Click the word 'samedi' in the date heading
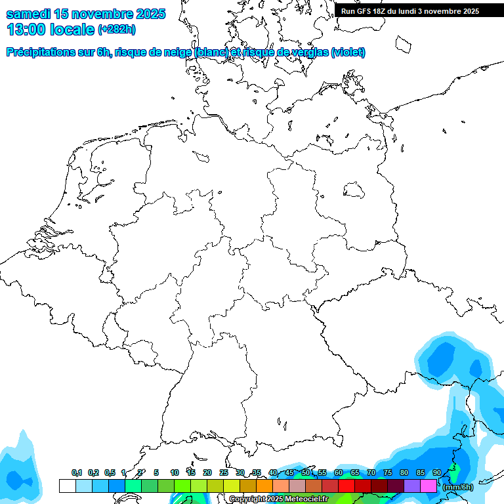coord(29,14)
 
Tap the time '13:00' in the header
coord(27,29)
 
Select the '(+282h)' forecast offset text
coord(116,30)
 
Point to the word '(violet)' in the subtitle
coord(348,52)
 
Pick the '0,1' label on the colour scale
coord(77,473)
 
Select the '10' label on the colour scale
coord(175,473)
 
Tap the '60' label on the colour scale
coord(339,473)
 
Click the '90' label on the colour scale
coord(437,473)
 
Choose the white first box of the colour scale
coord(67,486)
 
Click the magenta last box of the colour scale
coord(429,486)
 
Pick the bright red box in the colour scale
coord(346,486)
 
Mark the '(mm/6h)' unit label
coord(458,487)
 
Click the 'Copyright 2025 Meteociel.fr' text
coord(278,499)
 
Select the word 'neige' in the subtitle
coord(177,52)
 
